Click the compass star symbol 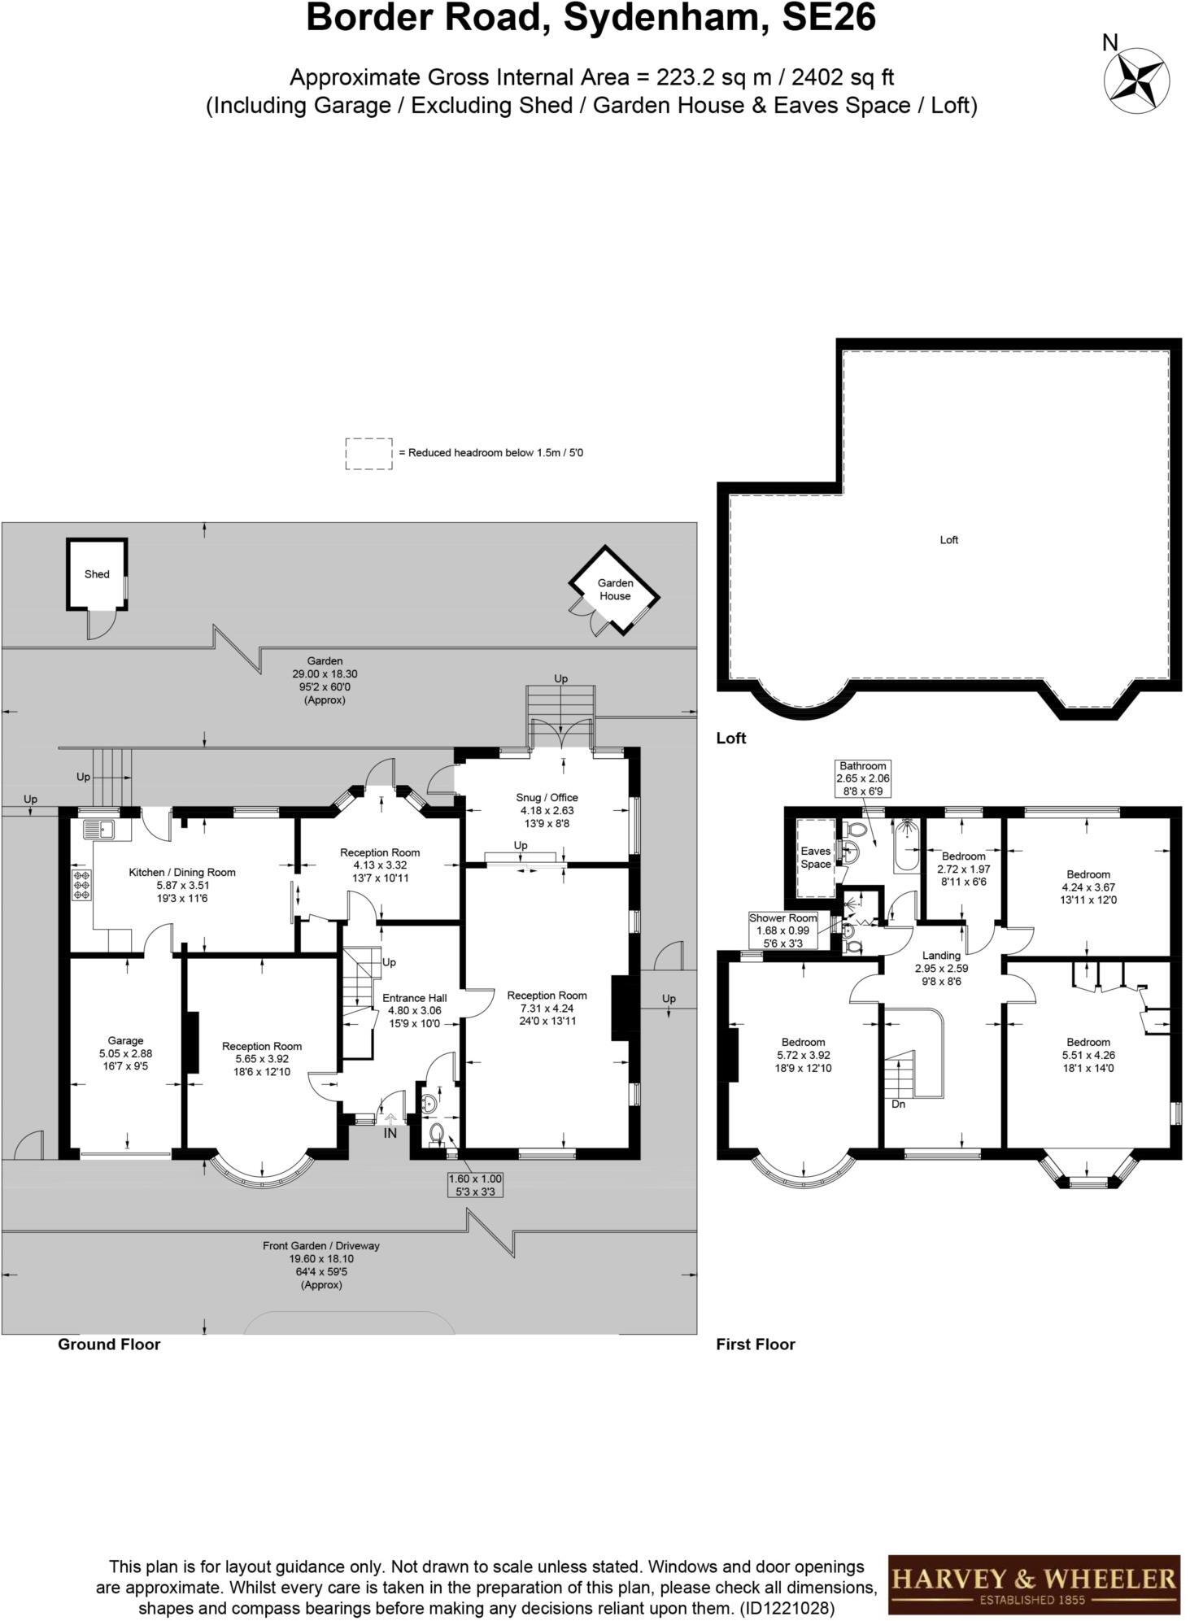click(x=1136, y=80)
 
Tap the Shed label click(x=97, y=574)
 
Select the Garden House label click(x=615, y=590)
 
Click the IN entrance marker click(x=390, y=1133)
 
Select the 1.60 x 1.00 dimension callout click(x=475, y=1185)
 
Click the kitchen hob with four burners click(x=82, y=885)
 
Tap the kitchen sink click(x=106, y=830)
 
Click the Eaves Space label click(x=815, y=857)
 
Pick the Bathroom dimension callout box click(x=862, y=778)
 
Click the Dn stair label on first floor click(x=898, y=1105)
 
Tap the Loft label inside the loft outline click(x=948, y=540)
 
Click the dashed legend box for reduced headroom click(x=369, y=453)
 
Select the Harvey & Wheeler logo click(x=1033, y=1584)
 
